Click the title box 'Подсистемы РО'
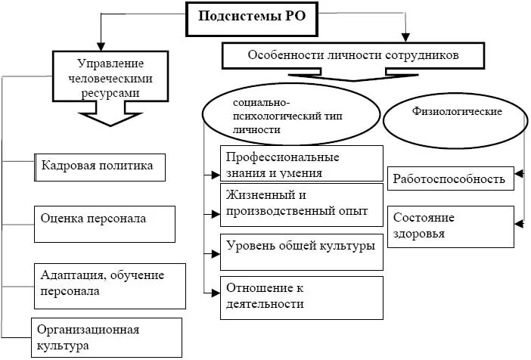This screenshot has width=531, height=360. coord(252,17)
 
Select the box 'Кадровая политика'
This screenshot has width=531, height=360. coord(100,166)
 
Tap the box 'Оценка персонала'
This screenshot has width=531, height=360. coord(100,220)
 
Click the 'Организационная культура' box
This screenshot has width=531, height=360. coord(106,338)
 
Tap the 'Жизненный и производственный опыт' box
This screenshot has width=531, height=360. coord(301,204)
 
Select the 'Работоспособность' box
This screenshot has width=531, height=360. coord(451,180)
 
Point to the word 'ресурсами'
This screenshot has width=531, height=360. coord(111,91)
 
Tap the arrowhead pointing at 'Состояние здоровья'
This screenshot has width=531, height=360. coord(519,222)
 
